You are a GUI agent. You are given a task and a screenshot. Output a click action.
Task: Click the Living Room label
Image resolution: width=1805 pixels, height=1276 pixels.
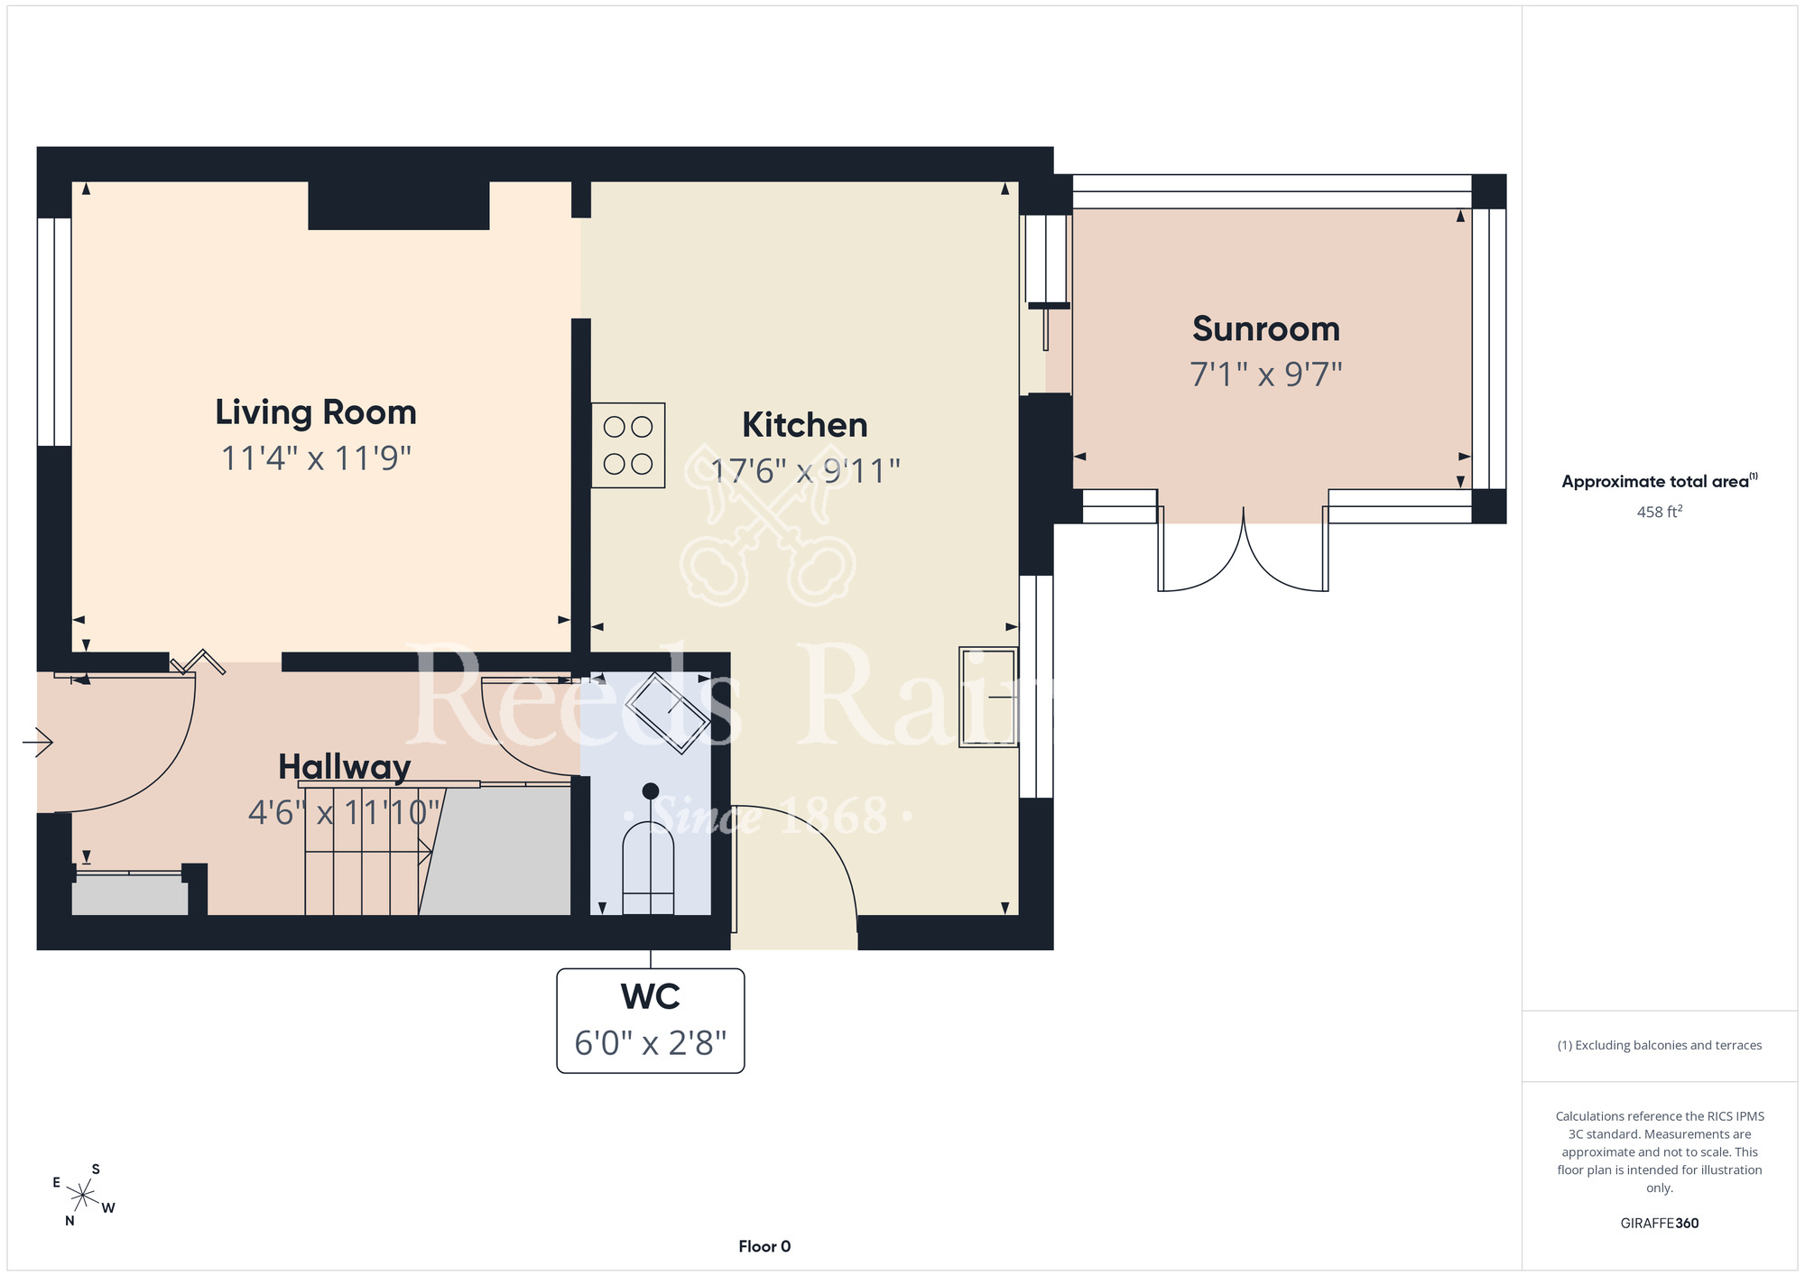[x=316, y=412]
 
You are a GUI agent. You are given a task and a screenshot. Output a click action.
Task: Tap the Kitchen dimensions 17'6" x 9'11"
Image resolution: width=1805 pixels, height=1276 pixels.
[x=805, y=470]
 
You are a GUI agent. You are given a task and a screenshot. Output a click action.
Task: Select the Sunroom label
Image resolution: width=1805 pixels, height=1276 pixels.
[x=1266, y=328]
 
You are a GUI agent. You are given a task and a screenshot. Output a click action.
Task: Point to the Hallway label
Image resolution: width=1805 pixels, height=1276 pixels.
[x=344, y=767]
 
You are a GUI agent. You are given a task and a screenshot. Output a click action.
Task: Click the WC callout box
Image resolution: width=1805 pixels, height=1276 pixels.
[x=651, y=1021]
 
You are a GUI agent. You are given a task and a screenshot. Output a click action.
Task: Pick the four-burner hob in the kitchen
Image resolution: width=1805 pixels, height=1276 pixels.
[x=628, y=446]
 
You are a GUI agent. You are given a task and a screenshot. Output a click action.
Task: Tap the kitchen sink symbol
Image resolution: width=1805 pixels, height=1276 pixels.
[x=989, y=697]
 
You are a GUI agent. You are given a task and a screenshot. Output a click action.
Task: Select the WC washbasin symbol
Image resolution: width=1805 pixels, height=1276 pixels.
[x=669, y=712]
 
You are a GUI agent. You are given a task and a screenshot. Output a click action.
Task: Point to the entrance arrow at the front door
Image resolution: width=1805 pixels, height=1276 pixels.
[x=38, y=743]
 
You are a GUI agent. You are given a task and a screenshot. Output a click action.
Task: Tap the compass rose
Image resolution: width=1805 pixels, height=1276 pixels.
[x=83, y=1196]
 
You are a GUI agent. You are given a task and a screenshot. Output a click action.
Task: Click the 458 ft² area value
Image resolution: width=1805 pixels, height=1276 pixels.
[x=1660, y=512]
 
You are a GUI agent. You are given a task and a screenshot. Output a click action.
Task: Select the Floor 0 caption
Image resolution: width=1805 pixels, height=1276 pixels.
[x=764, y=1246]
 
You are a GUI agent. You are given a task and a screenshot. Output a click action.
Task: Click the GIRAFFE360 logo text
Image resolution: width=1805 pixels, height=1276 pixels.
[x=1660, y=1224]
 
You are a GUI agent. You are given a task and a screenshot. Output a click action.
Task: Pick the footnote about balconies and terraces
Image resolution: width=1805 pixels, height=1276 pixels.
[x=1660, y=1045]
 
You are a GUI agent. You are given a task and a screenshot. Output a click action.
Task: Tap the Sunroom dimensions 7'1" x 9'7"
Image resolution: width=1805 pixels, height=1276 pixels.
[x=1266, y=374]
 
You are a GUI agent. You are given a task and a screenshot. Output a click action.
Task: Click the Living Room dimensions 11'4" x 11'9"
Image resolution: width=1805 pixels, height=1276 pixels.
[x=316, y=458]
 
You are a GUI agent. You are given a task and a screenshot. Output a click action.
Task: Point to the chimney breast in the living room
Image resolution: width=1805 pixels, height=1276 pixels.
[x=399, y=206]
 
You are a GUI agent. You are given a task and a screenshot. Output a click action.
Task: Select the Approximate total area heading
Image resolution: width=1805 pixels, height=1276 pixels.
[x=1660, y=481]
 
